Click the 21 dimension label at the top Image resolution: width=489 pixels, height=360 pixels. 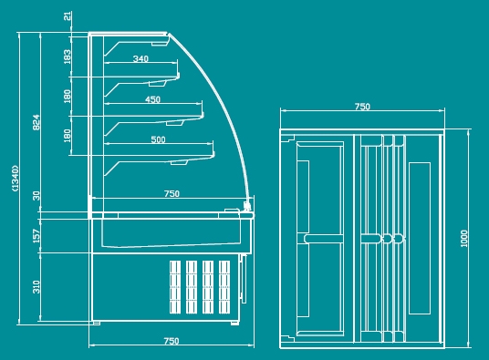(67, 15)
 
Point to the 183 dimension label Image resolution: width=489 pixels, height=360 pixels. (67, 57)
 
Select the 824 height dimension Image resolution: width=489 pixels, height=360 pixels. (36, 122)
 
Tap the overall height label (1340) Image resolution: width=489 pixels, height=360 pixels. (15, 178)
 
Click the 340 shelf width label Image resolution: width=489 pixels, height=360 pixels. (140, 58)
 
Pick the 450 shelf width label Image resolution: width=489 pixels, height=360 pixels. (152, 99)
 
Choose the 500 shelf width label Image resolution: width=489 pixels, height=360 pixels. (158, 139)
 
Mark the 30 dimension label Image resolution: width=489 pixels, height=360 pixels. (36, 196)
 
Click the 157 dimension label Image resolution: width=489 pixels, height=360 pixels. (36, 236)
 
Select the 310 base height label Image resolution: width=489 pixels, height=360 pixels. (36, 287)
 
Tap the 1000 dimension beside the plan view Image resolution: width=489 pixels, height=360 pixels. (464, 239)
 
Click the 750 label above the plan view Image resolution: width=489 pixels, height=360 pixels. (362, 107)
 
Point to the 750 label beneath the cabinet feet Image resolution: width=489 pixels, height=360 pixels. (172, 341)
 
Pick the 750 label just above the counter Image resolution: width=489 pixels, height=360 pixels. (172, 194)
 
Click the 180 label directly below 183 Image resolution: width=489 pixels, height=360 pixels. (67, 97)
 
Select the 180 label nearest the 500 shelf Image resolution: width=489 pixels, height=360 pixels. (67, 136)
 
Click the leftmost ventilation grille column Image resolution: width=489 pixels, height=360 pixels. (175, 287)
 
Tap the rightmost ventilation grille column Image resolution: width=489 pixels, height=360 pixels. (224, 287)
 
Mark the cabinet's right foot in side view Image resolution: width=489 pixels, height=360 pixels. (234, 324)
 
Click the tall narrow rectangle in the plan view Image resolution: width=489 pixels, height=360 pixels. (420, 238)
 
